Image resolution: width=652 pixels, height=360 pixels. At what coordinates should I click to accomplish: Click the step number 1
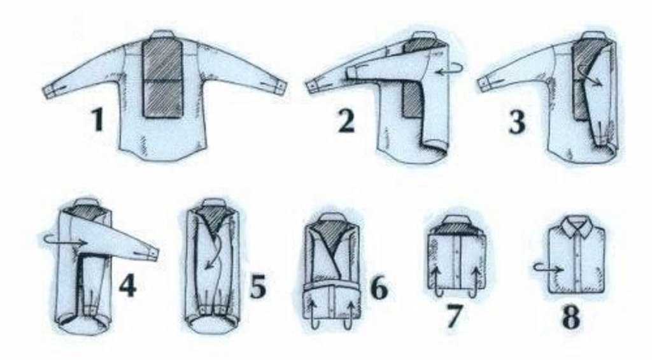point(98,119)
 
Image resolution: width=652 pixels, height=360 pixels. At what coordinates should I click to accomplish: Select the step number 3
point(517,120)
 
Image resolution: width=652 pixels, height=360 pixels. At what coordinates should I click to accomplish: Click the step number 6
point(379,287)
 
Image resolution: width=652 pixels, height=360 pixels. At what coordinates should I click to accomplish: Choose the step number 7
point(453,315)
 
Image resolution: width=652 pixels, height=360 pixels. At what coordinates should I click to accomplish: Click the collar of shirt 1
point(163,34)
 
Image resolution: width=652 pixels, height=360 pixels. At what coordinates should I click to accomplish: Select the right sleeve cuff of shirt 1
point(280,87)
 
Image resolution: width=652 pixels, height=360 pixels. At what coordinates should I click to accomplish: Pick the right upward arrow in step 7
point(474,283)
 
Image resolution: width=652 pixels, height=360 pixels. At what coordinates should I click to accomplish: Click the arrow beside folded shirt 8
point(549,268)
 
